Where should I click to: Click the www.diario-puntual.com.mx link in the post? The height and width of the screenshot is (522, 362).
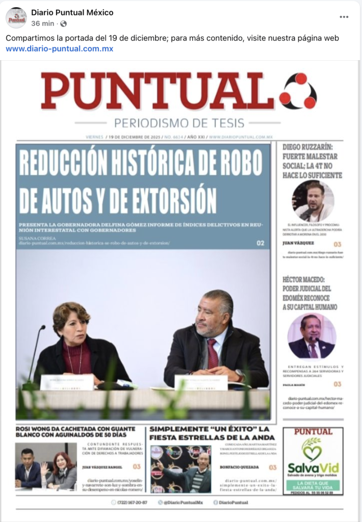[x=60, y=49]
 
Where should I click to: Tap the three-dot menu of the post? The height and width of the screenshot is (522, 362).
[x=344, y=17]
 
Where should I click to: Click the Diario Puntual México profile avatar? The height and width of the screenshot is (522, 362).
[x=16, y=18]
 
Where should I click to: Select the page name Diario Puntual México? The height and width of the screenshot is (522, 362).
[x=72, y=12]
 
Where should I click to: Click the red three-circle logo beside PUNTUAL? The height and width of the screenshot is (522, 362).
[x=298, y=91]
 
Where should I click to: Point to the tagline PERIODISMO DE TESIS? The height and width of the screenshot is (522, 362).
[x=179, y=123]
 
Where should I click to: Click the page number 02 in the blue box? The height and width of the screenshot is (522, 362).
[x=261, y=243]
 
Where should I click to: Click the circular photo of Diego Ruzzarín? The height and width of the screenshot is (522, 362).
[x=313, y=201]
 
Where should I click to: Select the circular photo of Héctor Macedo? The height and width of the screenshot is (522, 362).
[x=312, y=336]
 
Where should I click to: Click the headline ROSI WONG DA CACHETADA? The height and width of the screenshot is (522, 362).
[x=75, y=432]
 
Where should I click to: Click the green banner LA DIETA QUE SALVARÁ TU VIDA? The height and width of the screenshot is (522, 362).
[x=313, y=485]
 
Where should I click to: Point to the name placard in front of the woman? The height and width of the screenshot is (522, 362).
[x=67, y=382]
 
